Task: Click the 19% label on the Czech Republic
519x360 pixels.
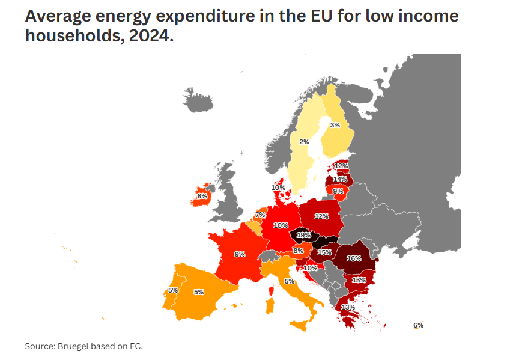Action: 303,234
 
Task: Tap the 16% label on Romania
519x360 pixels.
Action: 354,258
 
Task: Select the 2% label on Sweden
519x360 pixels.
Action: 304,142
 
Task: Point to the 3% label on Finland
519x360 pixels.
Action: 335,125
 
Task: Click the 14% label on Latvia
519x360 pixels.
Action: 340,179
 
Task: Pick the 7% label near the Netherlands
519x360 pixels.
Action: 260,215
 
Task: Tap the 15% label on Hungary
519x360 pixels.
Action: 324,252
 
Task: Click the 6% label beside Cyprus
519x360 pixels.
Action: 418,325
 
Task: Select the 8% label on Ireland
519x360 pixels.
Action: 202,196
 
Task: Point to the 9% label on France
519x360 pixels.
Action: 240,254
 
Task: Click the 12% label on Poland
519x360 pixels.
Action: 321,216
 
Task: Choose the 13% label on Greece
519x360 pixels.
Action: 348,307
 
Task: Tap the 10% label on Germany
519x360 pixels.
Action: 281,225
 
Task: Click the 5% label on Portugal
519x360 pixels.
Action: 173,290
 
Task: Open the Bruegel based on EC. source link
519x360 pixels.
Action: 100,346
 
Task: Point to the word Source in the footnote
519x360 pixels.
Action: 39,346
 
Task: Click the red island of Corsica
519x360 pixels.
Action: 270,292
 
